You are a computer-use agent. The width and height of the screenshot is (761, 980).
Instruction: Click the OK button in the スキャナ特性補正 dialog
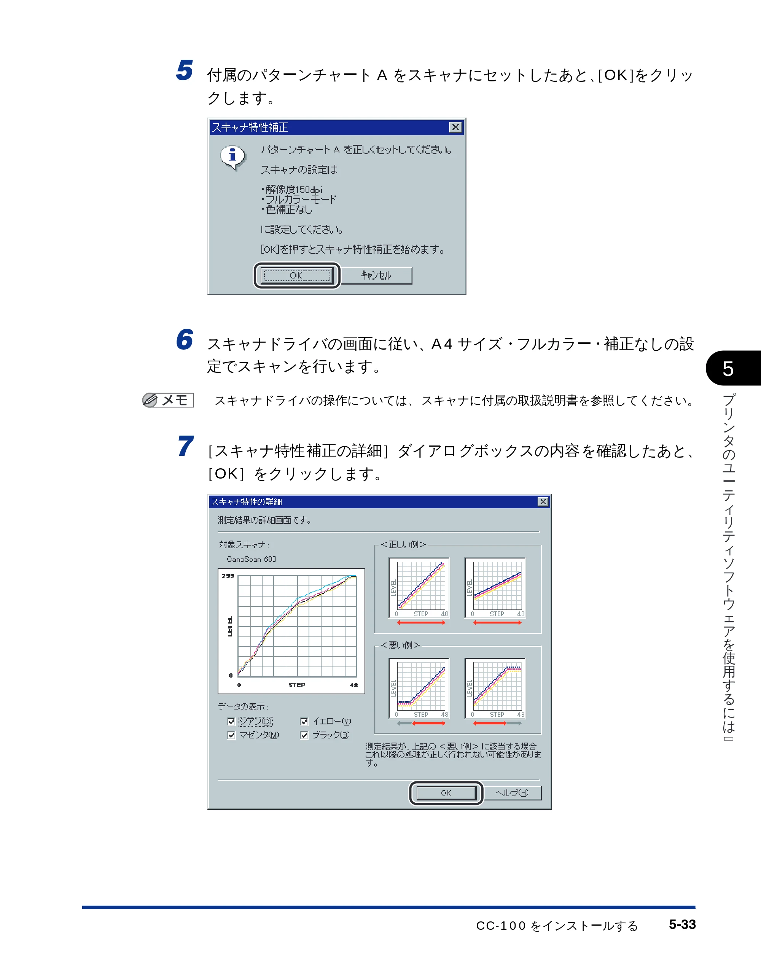pyautogui.click(x=296, y=275)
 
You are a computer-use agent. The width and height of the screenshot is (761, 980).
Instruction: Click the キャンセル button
pyautogui.click(x=376, y=275)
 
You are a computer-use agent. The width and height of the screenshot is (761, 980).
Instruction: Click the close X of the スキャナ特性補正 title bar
pyautogui.click(x=455, y=127)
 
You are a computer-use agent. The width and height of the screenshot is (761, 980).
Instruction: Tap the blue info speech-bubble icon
pyautogui.click(x=233, y=157)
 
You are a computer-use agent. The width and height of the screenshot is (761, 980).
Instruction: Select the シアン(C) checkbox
pyautogui.click(x=231, y=722)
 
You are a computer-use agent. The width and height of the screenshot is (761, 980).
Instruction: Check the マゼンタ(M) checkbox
pyautogui.click(x=231, y=735)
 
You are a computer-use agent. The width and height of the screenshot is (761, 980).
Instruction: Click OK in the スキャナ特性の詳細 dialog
pyautogui.click(x=446, y=793)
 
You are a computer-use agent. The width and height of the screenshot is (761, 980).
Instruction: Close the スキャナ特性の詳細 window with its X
pyautogui.click(x=543, y=502)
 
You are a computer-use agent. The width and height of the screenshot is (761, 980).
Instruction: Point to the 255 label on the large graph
pyautogui.click(x=228, y=576)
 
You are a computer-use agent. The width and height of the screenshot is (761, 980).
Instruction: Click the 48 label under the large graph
pyautogui.click(x=353, y=685)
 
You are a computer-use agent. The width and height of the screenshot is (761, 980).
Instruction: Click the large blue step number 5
pyautogui.click(x=185, y=70)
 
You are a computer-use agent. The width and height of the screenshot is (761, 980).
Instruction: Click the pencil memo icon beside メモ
pyautogui.click(x=150, y=400)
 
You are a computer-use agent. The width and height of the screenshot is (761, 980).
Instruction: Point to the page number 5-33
pyautogui.click(x=682, y=924)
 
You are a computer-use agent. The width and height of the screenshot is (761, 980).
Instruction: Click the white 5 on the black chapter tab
pyautogui.click(x=728, y=369)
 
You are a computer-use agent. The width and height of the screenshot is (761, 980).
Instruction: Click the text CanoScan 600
pyautogui.click(x=251, y=559)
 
